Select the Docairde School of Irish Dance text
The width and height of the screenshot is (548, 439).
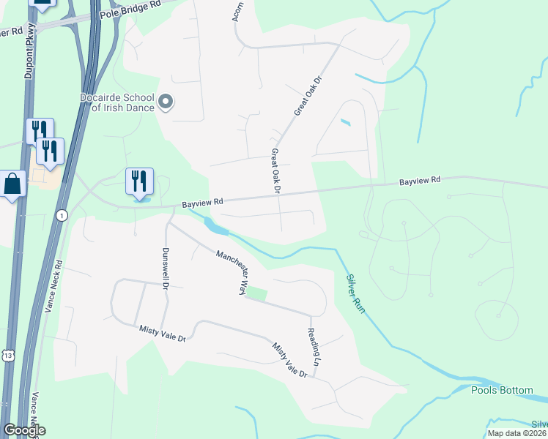[117, 102]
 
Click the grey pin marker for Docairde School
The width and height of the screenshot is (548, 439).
[166, 102]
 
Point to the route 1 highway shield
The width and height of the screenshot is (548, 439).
[62, 215]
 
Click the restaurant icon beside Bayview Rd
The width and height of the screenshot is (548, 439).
[139, 181]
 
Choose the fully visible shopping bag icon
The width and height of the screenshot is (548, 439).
[14, 184]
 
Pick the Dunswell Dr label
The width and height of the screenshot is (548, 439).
[164, 266]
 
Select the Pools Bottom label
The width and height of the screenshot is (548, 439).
[502, 390]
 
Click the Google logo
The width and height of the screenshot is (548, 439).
[24, 430]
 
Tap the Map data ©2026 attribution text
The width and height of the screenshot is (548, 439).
[516, 433]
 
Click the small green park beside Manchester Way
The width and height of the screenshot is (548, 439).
[256, 293]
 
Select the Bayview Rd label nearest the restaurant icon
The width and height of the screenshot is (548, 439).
[201, 201]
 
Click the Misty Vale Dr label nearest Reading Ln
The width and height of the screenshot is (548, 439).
[290, 361]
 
